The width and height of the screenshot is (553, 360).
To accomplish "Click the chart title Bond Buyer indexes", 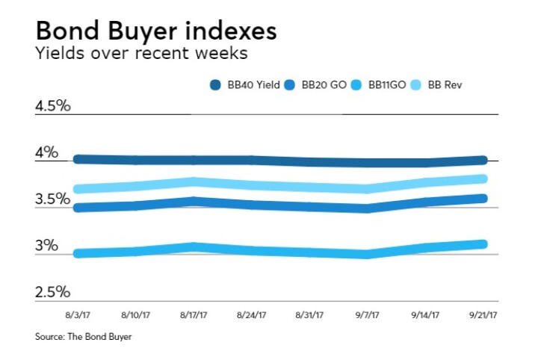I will click(x=155, y=31).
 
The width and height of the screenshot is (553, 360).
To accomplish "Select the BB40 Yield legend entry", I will click(x=244, y=85).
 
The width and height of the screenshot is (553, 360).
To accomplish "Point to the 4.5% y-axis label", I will click(x=52, y=105).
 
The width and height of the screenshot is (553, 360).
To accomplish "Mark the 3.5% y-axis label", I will click(x=52, y=199).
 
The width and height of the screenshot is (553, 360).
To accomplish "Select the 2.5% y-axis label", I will click(x=52, y=292).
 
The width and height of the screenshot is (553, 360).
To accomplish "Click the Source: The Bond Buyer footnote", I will click(x=83, y=337).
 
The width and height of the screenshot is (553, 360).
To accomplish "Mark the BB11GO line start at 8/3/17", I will click(x=78, y=254).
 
